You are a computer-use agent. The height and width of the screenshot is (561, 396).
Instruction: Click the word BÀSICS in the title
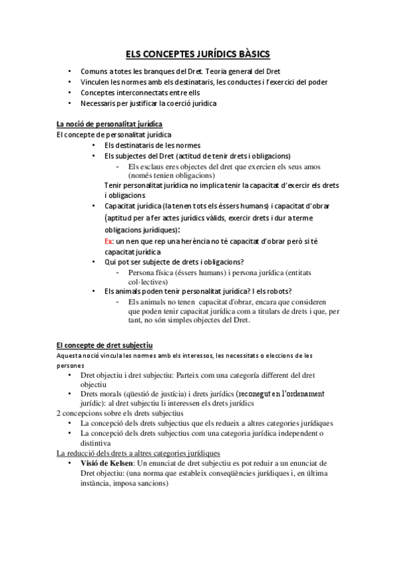pyautogui.click(x=250, y=54)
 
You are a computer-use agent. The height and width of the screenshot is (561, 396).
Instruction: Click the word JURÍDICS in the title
pyautogui.click(x=205, y=54)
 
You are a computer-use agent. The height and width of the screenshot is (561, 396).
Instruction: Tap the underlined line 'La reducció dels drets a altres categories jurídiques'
pyautogui.click(x=139, y=453)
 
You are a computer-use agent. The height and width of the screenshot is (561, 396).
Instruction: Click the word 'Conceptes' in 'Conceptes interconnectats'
pyautogui.click(x=97, y=93)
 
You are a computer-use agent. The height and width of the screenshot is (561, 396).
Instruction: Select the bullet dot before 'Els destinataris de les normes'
pyautogui.click(x=95, y=145)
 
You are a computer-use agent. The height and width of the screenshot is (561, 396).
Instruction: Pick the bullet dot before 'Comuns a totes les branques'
pyautogui.click(x=71, y=71)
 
